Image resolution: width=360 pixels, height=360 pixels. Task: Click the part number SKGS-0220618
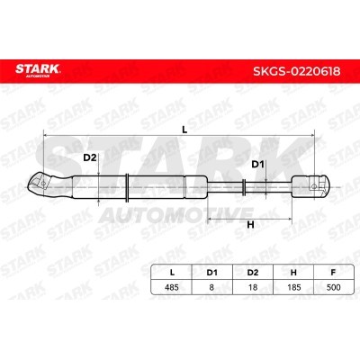click(x=297, y=71)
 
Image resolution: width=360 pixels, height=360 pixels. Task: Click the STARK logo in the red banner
click(x=38, y=70)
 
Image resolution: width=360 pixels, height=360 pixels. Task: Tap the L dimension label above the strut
click(x=184, y=130)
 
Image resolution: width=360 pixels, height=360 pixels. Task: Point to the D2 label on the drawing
click(x=90, y=157)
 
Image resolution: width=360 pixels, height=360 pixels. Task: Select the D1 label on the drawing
click(x=257, y=165)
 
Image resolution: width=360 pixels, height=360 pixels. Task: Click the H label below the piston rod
click(x=250, y=224)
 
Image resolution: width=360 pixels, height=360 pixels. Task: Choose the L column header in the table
click(x=172, y=273)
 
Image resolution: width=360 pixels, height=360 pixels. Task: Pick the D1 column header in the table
click(x=211, y=273)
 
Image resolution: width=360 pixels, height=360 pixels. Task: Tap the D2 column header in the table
click(x=253, y=273)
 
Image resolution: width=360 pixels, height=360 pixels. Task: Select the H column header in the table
click(x=293, y=273)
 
